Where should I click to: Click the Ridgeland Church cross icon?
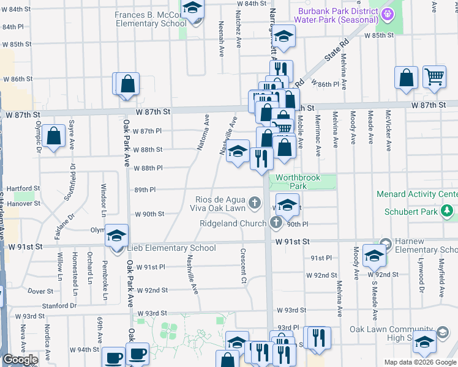[276, 223]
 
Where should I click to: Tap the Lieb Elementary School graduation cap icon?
[116, 235]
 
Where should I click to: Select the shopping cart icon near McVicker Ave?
[434, 76]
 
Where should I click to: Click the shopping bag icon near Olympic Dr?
[54, 136]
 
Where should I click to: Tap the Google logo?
[20, 360]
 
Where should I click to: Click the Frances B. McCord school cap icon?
[193, 9]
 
